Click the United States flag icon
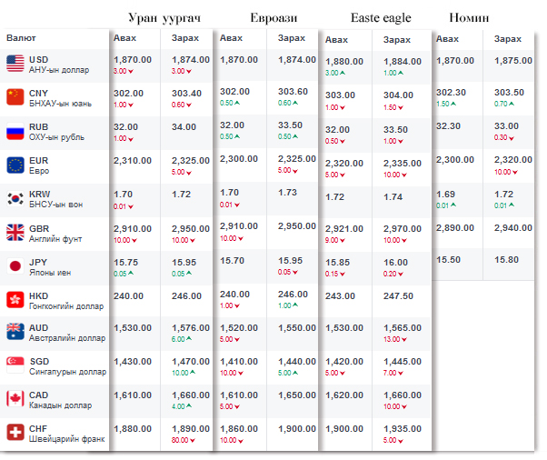pyautogui.click(x=15, y=63)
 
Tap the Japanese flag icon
pyautogui.click(x=15, y=265)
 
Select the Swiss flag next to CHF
pyautogui.click(x=15, y=433)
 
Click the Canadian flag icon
pyautogui.click(x=15, y=399)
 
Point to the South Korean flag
pyautogui.click(x=15, y=198)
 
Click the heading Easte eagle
pyautogui.click(x=381, y=17)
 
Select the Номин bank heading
pyautogui.click(x=469, y=17)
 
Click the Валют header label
pyautogui.click(x=21, y=38)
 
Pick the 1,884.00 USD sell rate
pyautogui.click(x=403, y=62)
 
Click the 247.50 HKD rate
pyautogui.click(x=399, y=296)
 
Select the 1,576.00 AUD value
pyautogui.click(x=190, y=327)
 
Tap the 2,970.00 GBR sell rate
pyautogui.click(x=403, y=229)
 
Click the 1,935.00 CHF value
pyautogui.click(x=403, y=429)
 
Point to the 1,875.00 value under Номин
pyautogui.click(x=512, y=60)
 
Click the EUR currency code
pyautogui.click(x=39, y=160)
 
